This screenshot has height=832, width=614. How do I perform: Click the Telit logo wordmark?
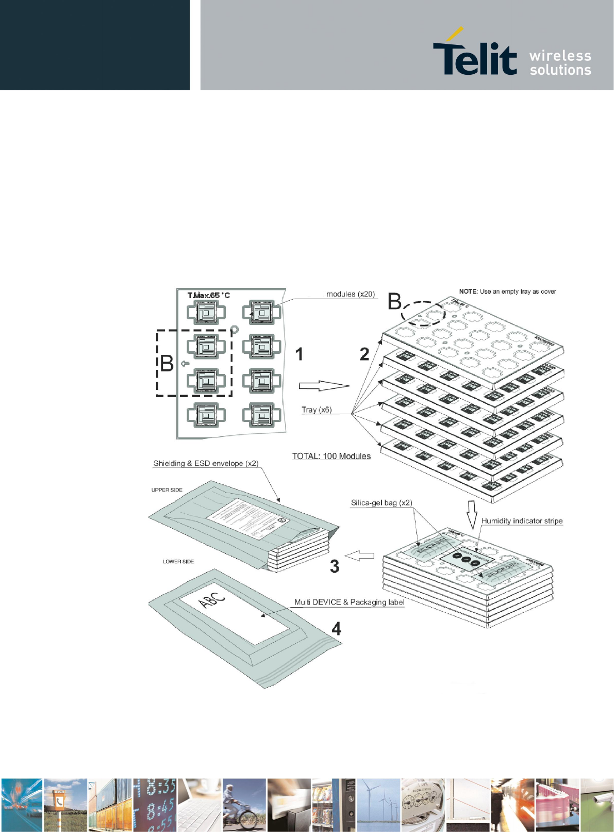(474, 57)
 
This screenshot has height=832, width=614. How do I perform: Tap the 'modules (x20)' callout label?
(351, 294)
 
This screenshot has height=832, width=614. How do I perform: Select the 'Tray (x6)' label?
(317, 410)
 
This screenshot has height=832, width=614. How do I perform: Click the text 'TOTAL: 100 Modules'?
(331, 456)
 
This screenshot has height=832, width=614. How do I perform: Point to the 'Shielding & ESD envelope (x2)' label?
(206, 463)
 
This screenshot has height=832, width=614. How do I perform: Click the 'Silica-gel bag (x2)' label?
(381, 502)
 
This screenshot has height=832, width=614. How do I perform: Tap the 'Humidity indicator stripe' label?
(522, 520)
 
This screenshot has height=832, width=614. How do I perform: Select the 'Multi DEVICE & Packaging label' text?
(349, 602)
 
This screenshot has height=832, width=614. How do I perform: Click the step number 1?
(299, 354)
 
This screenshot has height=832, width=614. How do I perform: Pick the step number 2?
(364, 354)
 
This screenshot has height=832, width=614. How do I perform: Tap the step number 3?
(335, 566)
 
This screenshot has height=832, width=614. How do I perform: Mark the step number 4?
(336, 628)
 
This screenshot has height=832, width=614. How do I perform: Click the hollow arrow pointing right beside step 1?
(324, 386)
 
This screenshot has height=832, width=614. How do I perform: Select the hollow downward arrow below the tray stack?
(472, 511)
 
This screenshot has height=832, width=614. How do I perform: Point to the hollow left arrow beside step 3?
(359, 556)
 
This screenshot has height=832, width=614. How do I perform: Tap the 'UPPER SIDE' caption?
(167, 490)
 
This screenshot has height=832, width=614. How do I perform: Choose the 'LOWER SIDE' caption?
(178, 561)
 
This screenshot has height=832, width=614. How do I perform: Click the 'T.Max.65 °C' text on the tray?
(208, 296)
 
